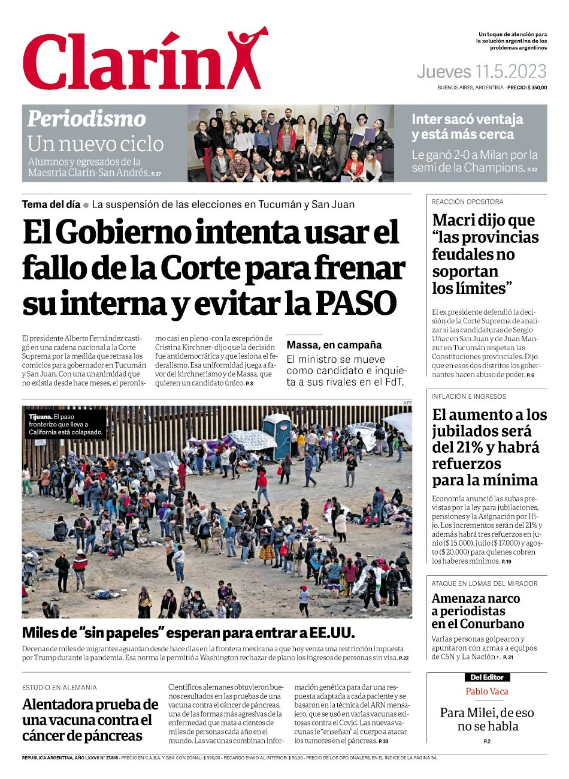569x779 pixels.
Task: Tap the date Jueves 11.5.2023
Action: (482, 72)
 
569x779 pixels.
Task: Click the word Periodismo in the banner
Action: (86, 119)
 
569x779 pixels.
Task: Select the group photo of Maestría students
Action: (290, 143)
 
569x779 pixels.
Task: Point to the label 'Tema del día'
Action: (51, 204)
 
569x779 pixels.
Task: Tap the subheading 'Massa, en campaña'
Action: (334, 345)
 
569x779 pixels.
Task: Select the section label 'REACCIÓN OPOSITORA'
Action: (467, 202)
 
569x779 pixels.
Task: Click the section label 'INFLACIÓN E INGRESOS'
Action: (468, 396)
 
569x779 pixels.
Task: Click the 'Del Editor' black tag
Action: (486, 677)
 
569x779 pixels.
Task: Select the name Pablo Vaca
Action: (486, 691)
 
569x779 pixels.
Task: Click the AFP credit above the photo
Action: (407, 402)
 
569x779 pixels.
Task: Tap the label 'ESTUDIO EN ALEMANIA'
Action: (59, 687)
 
